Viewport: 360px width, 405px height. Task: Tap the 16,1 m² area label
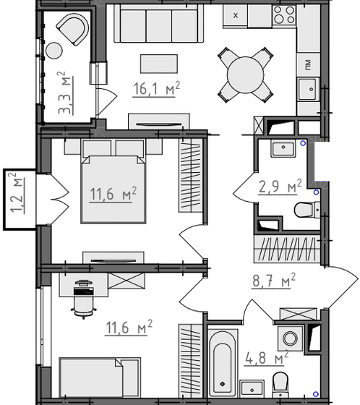click(x=156, y=89)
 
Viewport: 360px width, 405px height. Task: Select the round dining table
click(x=247, y=72)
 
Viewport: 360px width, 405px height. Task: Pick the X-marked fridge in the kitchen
click(x=236, y=14)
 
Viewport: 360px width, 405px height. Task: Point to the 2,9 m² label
click(x=279, y=187)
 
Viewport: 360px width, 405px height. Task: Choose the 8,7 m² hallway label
click(x=273, y=280)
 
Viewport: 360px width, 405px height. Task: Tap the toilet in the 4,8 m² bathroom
click(x=283, y=380)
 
